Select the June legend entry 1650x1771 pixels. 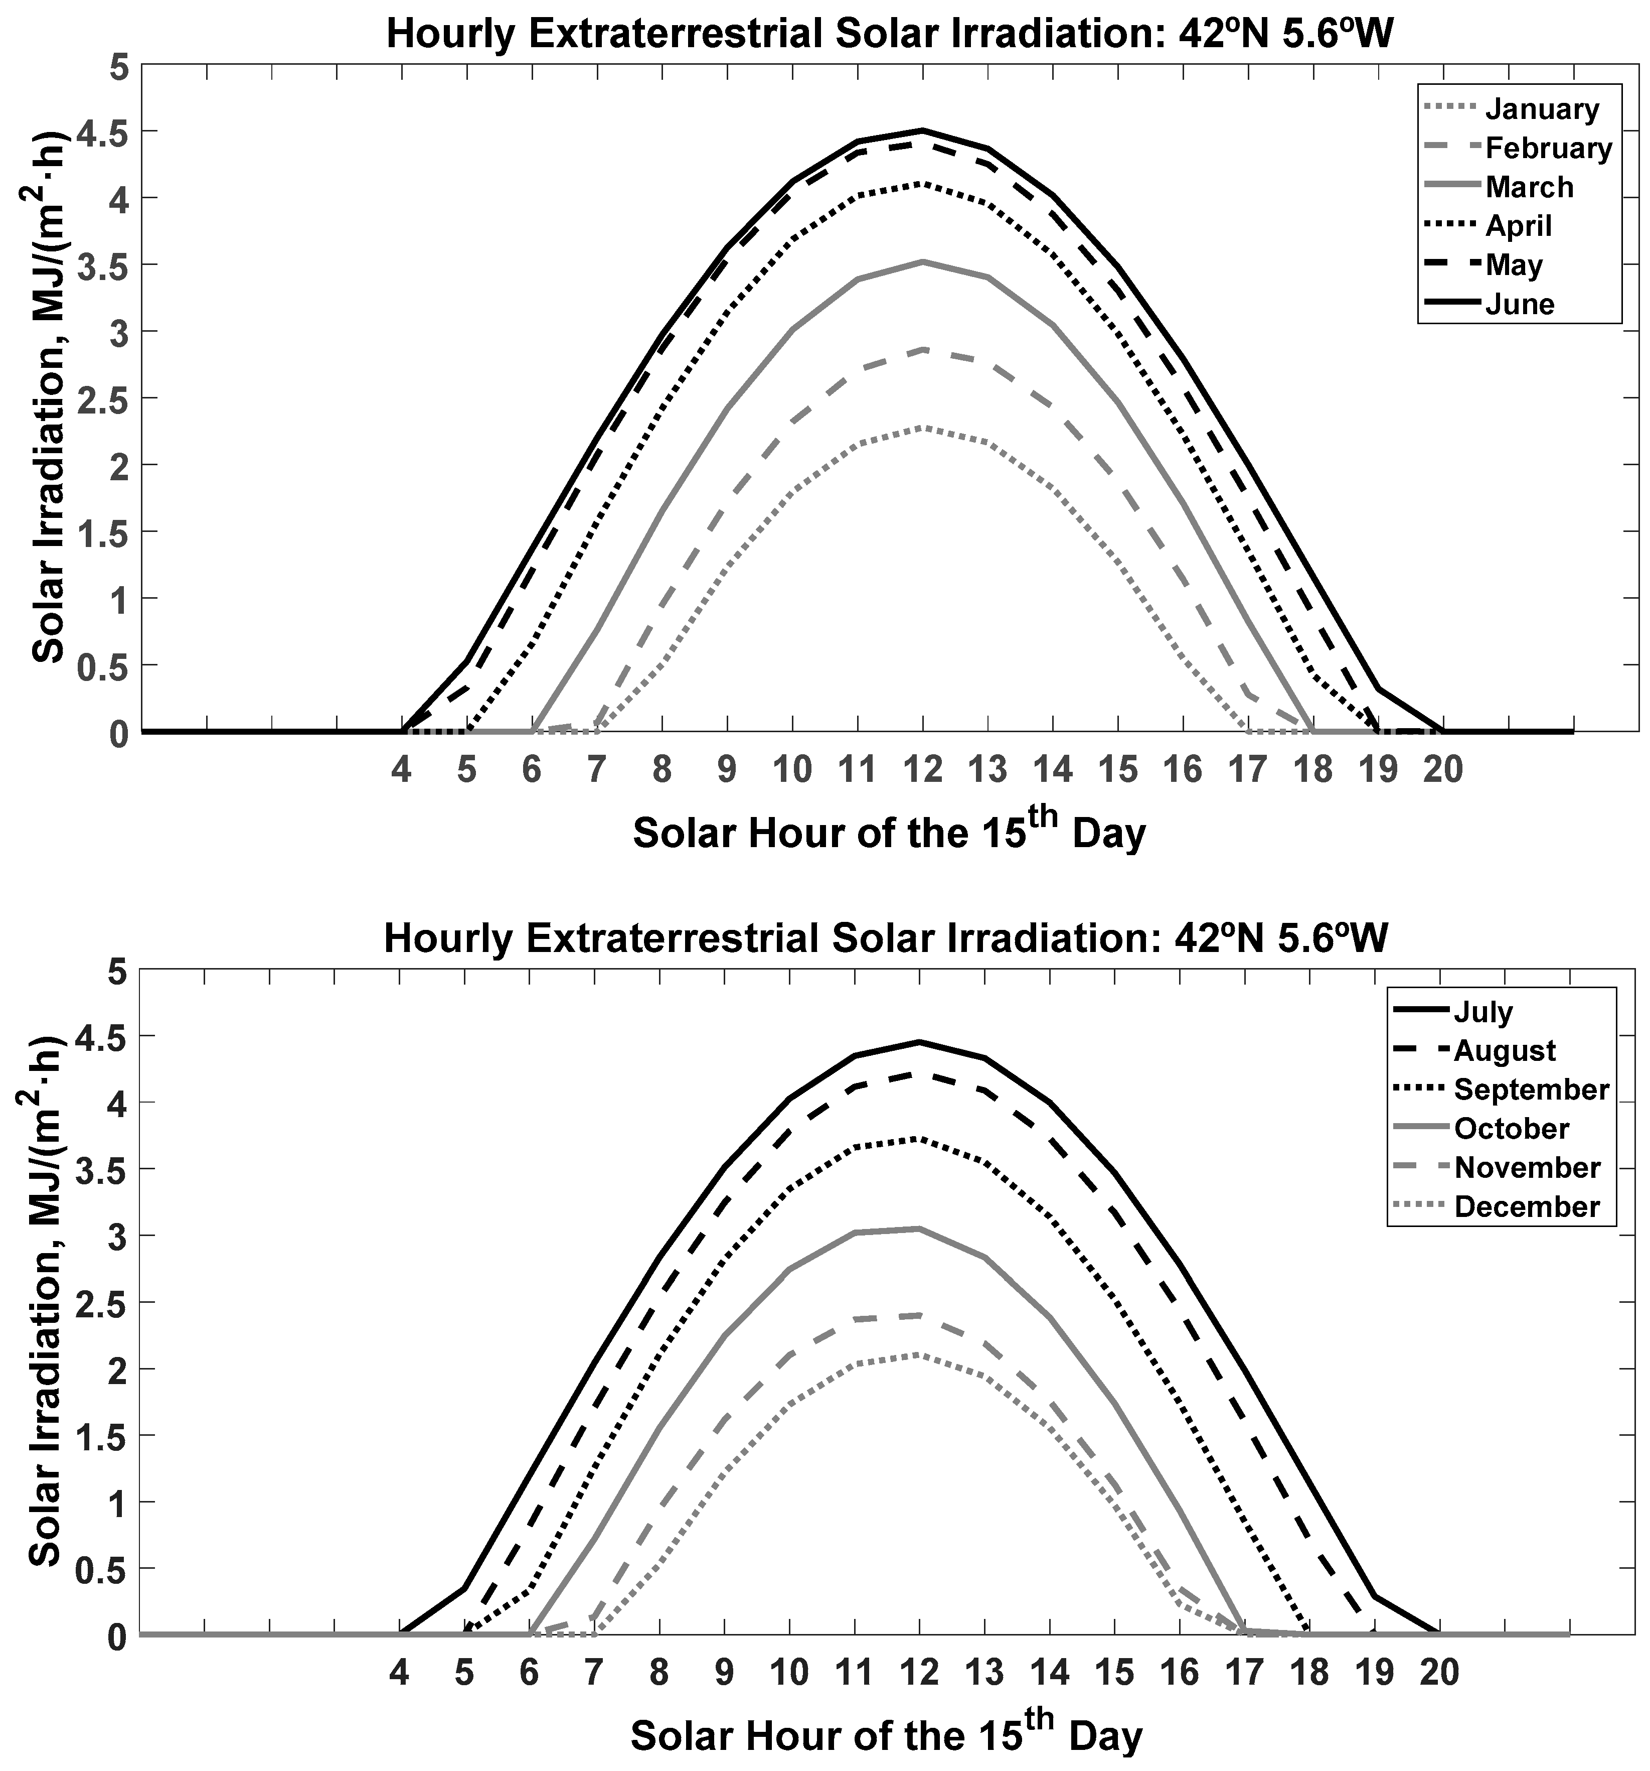pyautogui.click(x=1519, y=305)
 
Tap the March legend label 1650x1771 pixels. pyautogui.click(x=1529, y=187)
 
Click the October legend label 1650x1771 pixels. pyautogui.click(x=1511, y=1129)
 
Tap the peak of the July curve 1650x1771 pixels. pyautogui.click(x=920, y=1041)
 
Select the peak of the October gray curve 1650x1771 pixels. pyautogui.click(x=920, y=1229)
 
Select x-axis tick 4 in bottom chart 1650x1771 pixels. pyautogui.click(x=400, y=1672)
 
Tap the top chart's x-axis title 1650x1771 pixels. pyautogui.click(x=889, y=833)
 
